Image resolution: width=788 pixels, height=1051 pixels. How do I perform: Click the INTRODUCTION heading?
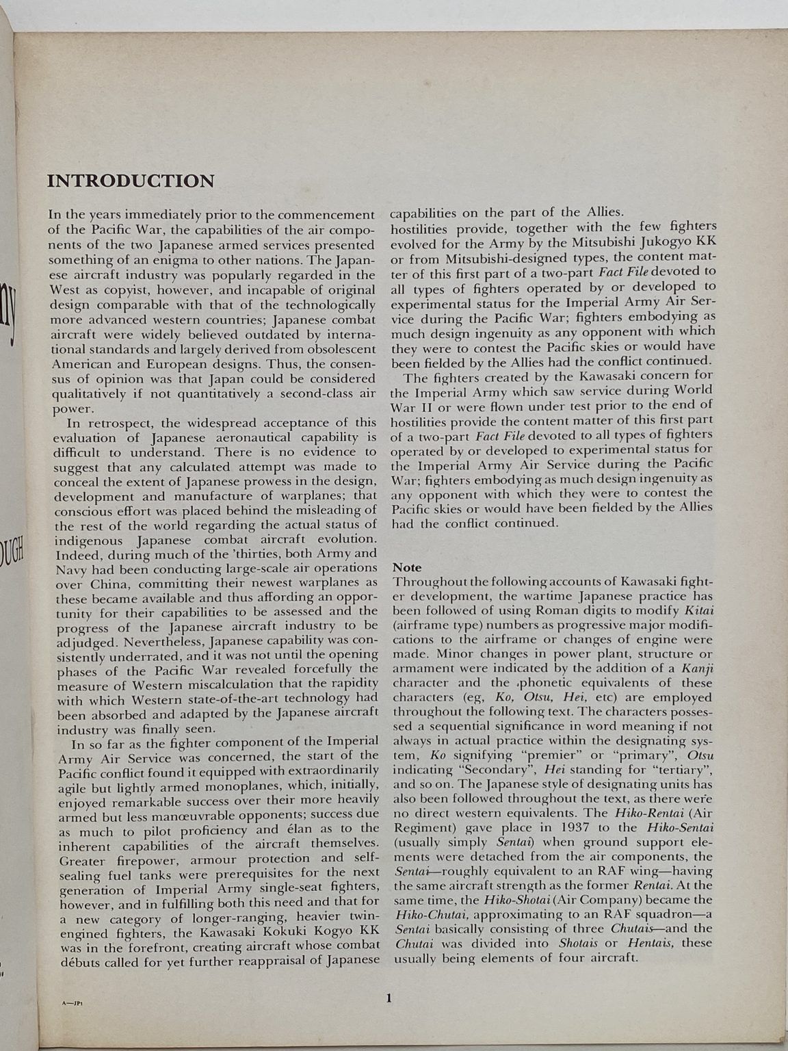pyautogui.click(x=130, y=181)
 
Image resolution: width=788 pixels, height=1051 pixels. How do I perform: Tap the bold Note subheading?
pyautogui.click(x=407, y=567)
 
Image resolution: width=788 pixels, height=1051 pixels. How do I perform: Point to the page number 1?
pyautogui.click(x=389, y=998)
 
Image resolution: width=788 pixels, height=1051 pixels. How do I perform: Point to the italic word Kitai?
pyautogui.click(x=698, y=610)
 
